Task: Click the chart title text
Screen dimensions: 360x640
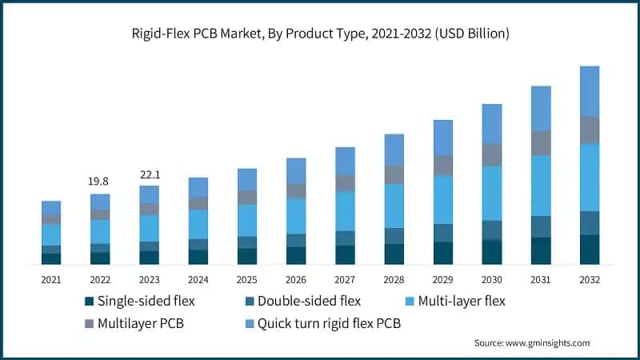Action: [320, 34]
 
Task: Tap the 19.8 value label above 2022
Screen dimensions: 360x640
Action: [100, 182]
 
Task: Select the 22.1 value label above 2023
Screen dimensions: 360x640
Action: [150, 174]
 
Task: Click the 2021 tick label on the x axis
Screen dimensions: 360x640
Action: [51, 280]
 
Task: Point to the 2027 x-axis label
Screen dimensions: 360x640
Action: [345, 280]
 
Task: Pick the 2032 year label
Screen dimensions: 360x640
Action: [590, 280]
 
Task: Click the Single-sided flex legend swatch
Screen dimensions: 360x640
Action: [89, 302]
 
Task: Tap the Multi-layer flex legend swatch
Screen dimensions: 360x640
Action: [410, 302]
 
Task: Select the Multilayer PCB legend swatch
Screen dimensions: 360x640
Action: [89, 324]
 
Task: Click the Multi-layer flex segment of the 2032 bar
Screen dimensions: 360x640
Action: [590, 177]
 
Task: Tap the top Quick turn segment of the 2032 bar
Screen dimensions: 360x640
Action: [590, 91]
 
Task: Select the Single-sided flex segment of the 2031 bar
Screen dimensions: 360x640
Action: [541, 250]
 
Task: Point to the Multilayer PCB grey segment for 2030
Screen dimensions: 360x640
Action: [492, 154]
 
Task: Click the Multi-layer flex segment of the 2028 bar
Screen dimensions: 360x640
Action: [394, 206]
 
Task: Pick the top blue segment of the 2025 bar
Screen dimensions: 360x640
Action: [247, 179]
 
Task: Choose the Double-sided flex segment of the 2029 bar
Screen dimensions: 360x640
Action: [443, 233]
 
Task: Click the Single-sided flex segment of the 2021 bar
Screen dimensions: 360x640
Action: [51, 258]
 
